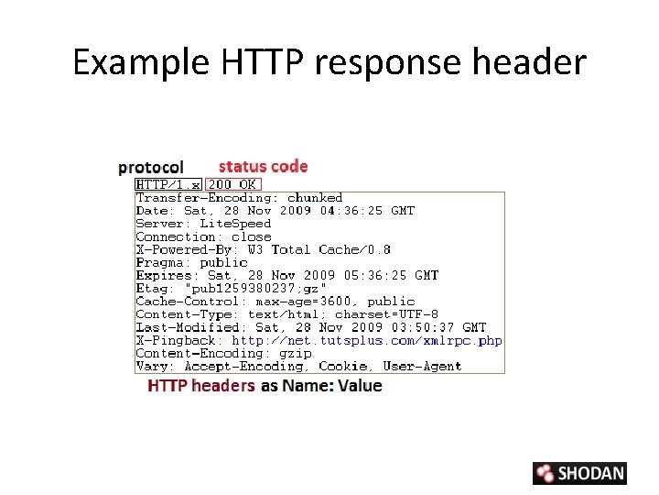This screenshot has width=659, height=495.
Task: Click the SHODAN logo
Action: click(579, 473)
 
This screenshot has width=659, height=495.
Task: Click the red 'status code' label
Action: click(264, 166)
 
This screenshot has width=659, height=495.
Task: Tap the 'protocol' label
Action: click(151, 167)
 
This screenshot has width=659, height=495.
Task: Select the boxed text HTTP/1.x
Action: click(168, 184)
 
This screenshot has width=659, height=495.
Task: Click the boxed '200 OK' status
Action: click(232, 184)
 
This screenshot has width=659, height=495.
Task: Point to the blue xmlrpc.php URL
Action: click(366, 340)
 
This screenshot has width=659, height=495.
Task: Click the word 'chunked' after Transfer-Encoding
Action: click(315, 198)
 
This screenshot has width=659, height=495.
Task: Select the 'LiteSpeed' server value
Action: click(235, 224)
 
